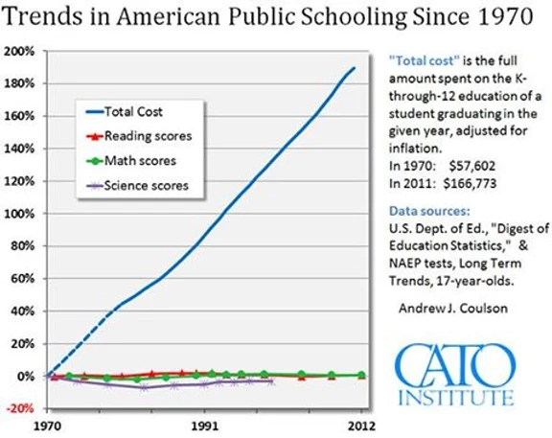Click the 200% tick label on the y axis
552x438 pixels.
(19, 52)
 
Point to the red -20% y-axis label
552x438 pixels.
(20, 408)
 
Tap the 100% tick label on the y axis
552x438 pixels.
(19, 214)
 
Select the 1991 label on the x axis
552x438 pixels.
(204, 426)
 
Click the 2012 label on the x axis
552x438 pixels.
(361, 426)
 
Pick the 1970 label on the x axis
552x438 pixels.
(47, 426)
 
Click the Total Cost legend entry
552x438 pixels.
(125, 112)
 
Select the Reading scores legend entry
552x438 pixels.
(139, 136)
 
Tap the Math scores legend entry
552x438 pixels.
(131, 161)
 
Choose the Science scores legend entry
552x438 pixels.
(137, 186)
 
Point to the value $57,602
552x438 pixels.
(472, 166)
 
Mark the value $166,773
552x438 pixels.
(470, 183)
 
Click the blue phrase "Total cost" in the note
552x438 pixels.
(425, 61)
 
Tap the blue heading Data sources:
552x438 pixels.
(429, 211)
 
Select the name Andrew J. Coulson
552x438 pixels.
(453, 309)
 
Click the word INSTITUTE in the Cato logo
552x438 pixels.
(456, 398)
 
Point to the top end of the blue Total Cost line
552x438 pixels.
(355, 67)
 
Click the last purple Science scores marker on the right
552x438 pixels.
(270, 381)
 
